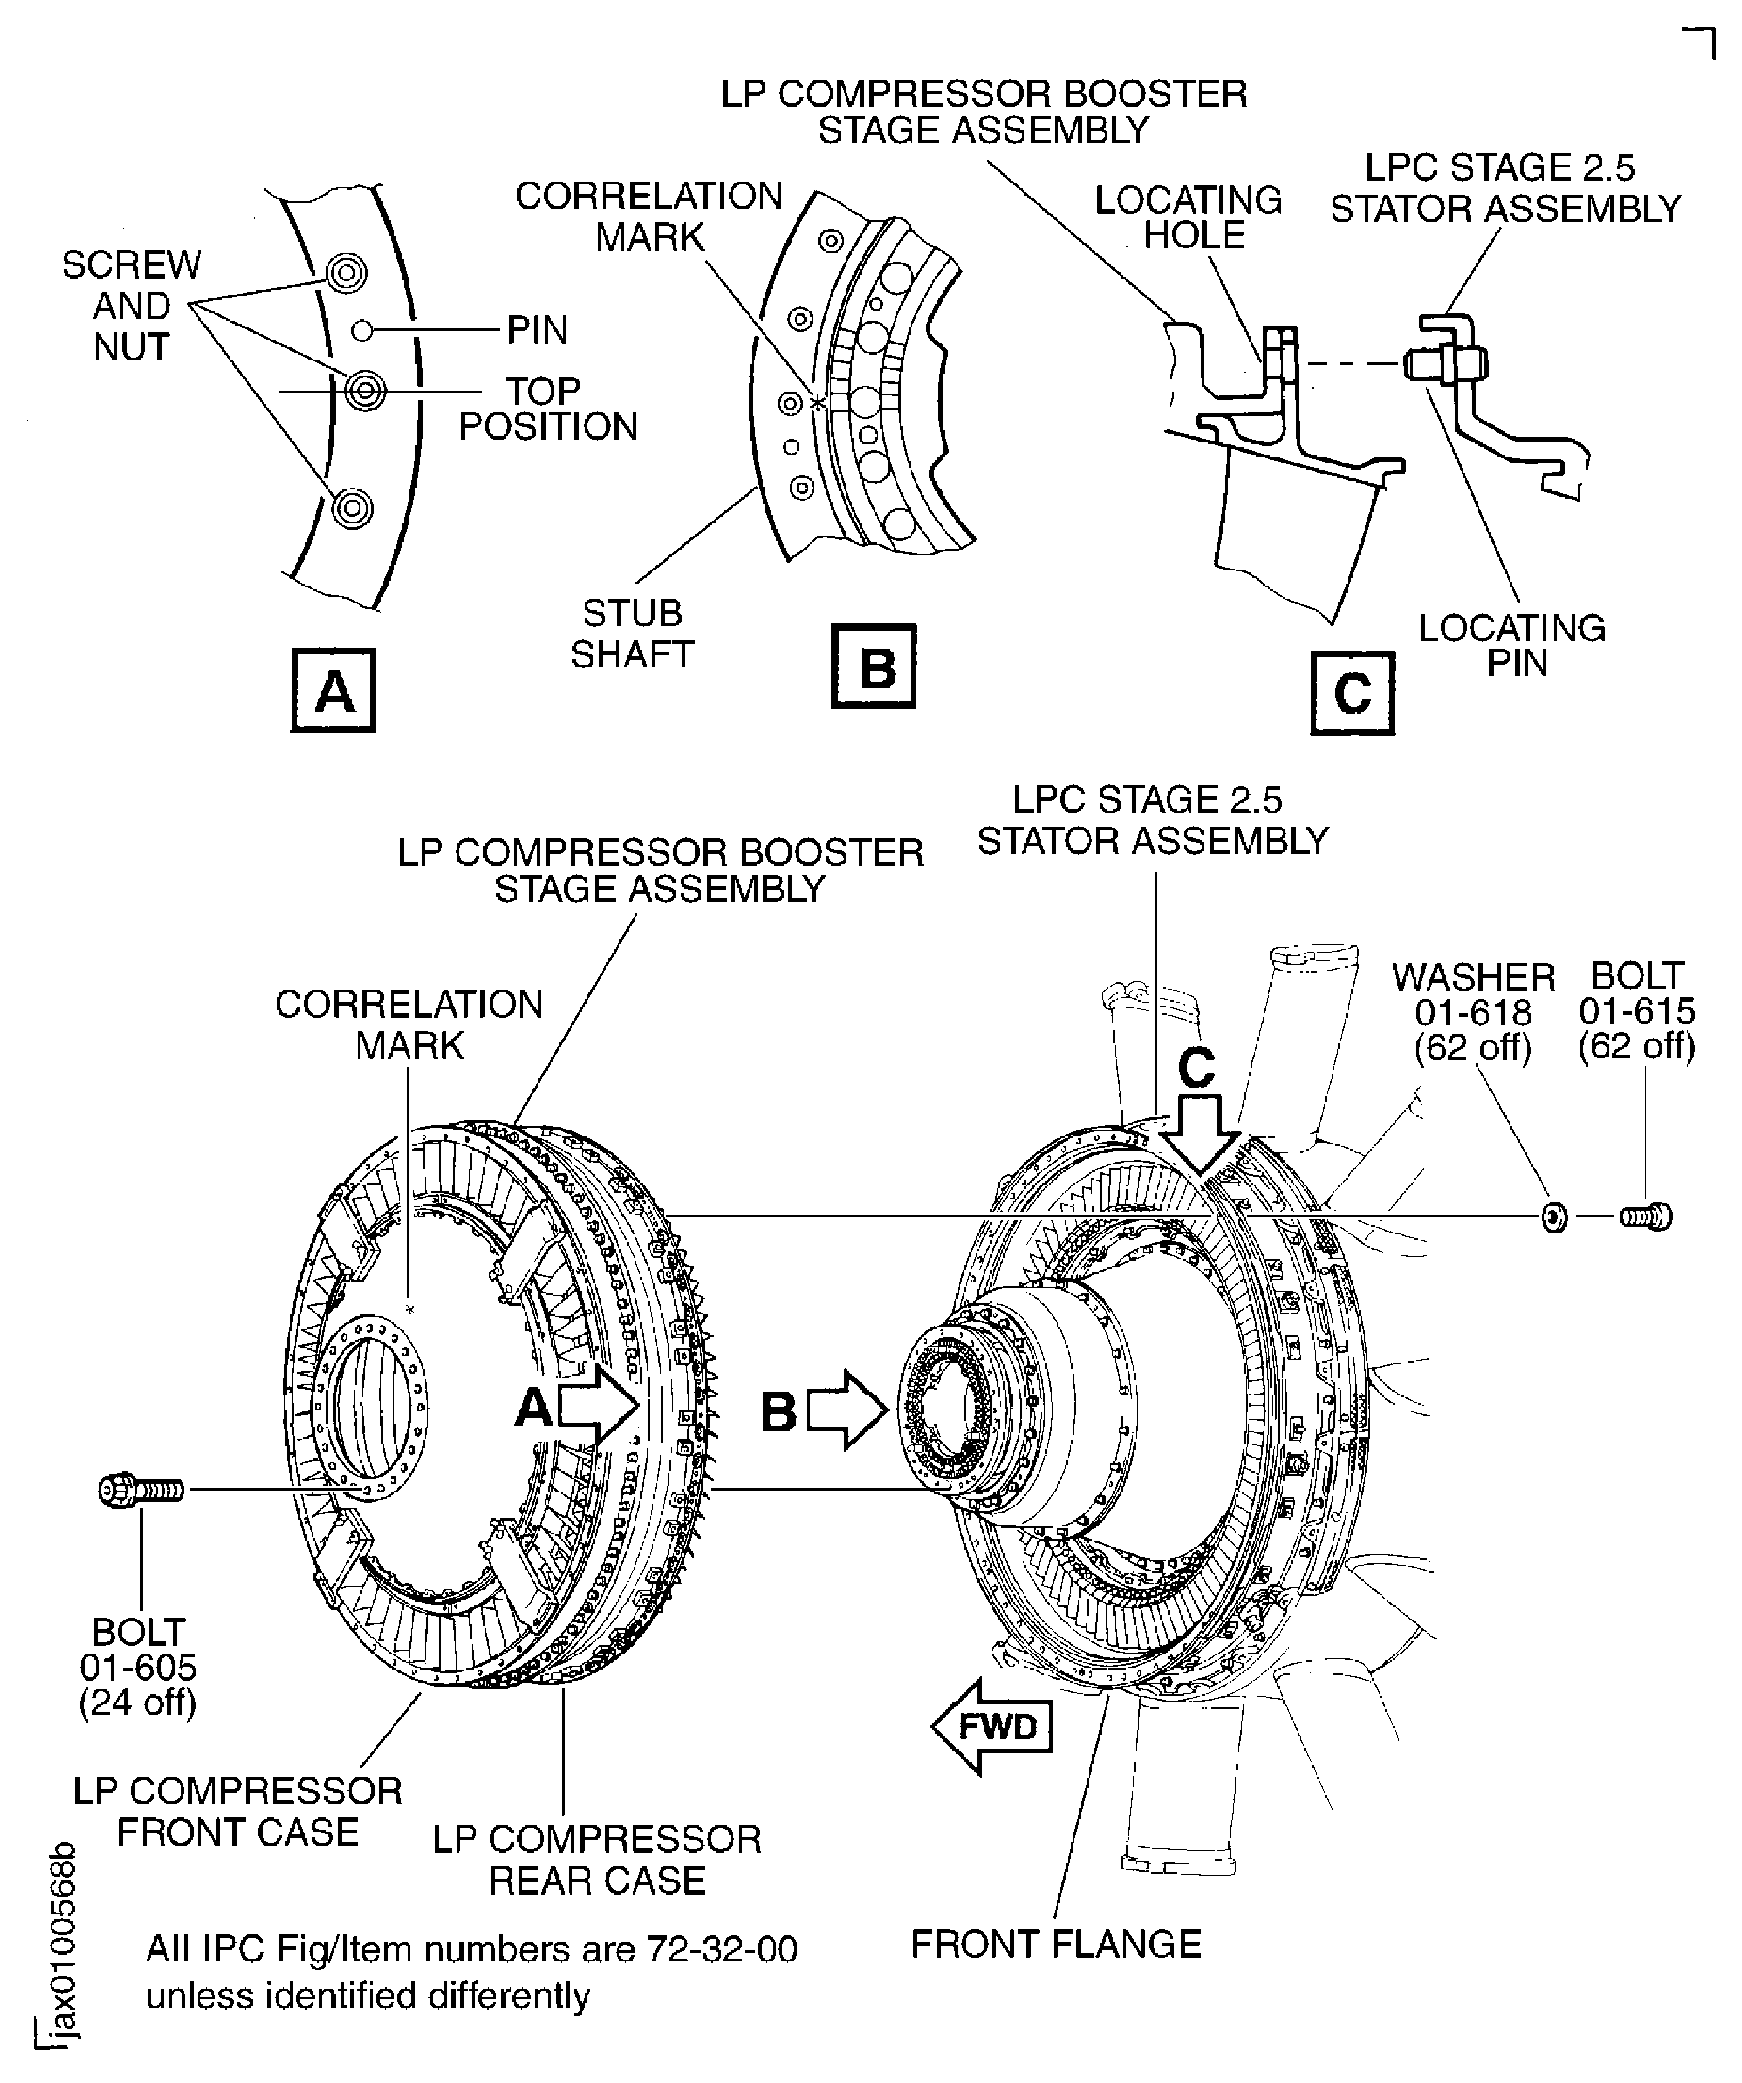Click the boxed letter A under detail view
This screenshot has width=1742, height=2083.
334,690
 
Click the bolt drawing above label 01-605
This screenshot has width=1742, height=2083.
142,1489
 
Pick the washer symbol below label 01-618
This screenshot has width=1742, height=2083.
1554,1216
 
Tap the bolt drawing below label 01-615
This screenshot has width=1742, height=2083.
1646,1216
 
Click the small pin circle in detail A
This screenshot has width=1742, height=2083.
363,330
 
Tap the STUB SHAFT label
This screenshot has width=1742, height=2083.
632,634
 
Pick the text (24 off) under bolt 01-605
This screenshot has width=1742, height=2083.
138,1702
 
